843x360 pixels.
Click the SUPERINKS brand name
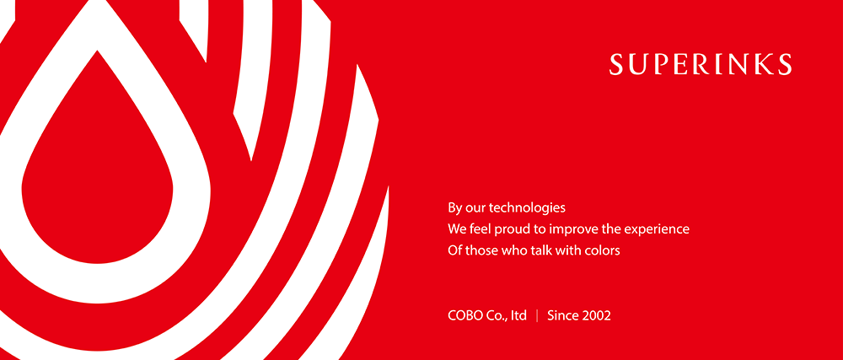pos(701,64)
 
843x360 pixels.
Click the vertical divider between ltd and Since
pos(537,315)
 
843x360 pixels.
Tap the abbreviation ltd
pos(518,315)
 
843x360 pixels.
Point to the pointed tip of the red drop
pos(97,51)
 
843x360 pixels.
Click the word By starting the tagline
pos(455,208)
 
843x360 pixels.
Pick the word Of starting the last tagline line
pos(454,250)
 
